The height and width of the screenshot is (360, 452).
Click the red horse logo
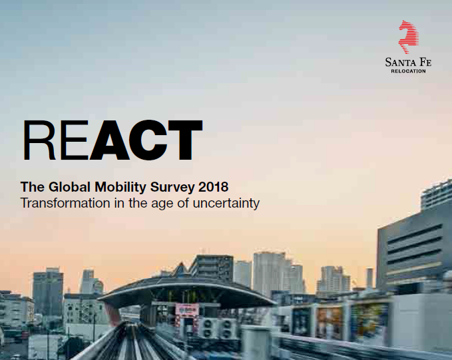click(409, 37)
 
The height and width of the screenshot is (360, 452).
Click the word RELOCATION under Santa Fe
click(408, 71)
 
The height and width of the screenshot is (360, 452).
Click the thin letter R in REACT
click(39, 140)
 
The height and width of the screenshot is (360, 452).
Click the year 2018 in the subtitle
click(213, 187)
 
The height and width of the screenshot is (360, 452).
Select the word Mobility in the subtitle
click(120, 188)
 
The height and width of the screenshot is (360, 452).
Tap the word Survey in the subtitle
click(172, 188)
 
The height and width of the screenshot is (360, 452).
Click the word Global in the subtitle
click(69, 187)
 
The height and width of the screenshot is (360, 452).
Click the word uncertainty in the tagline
click(226, 204)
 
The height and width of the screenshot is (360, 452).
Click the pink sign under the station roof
click(187, 309)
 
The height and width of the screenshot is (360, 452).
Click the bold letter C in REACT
click(148, 140)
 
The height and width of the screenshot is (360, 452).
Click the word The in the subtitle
click(33, 187)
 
